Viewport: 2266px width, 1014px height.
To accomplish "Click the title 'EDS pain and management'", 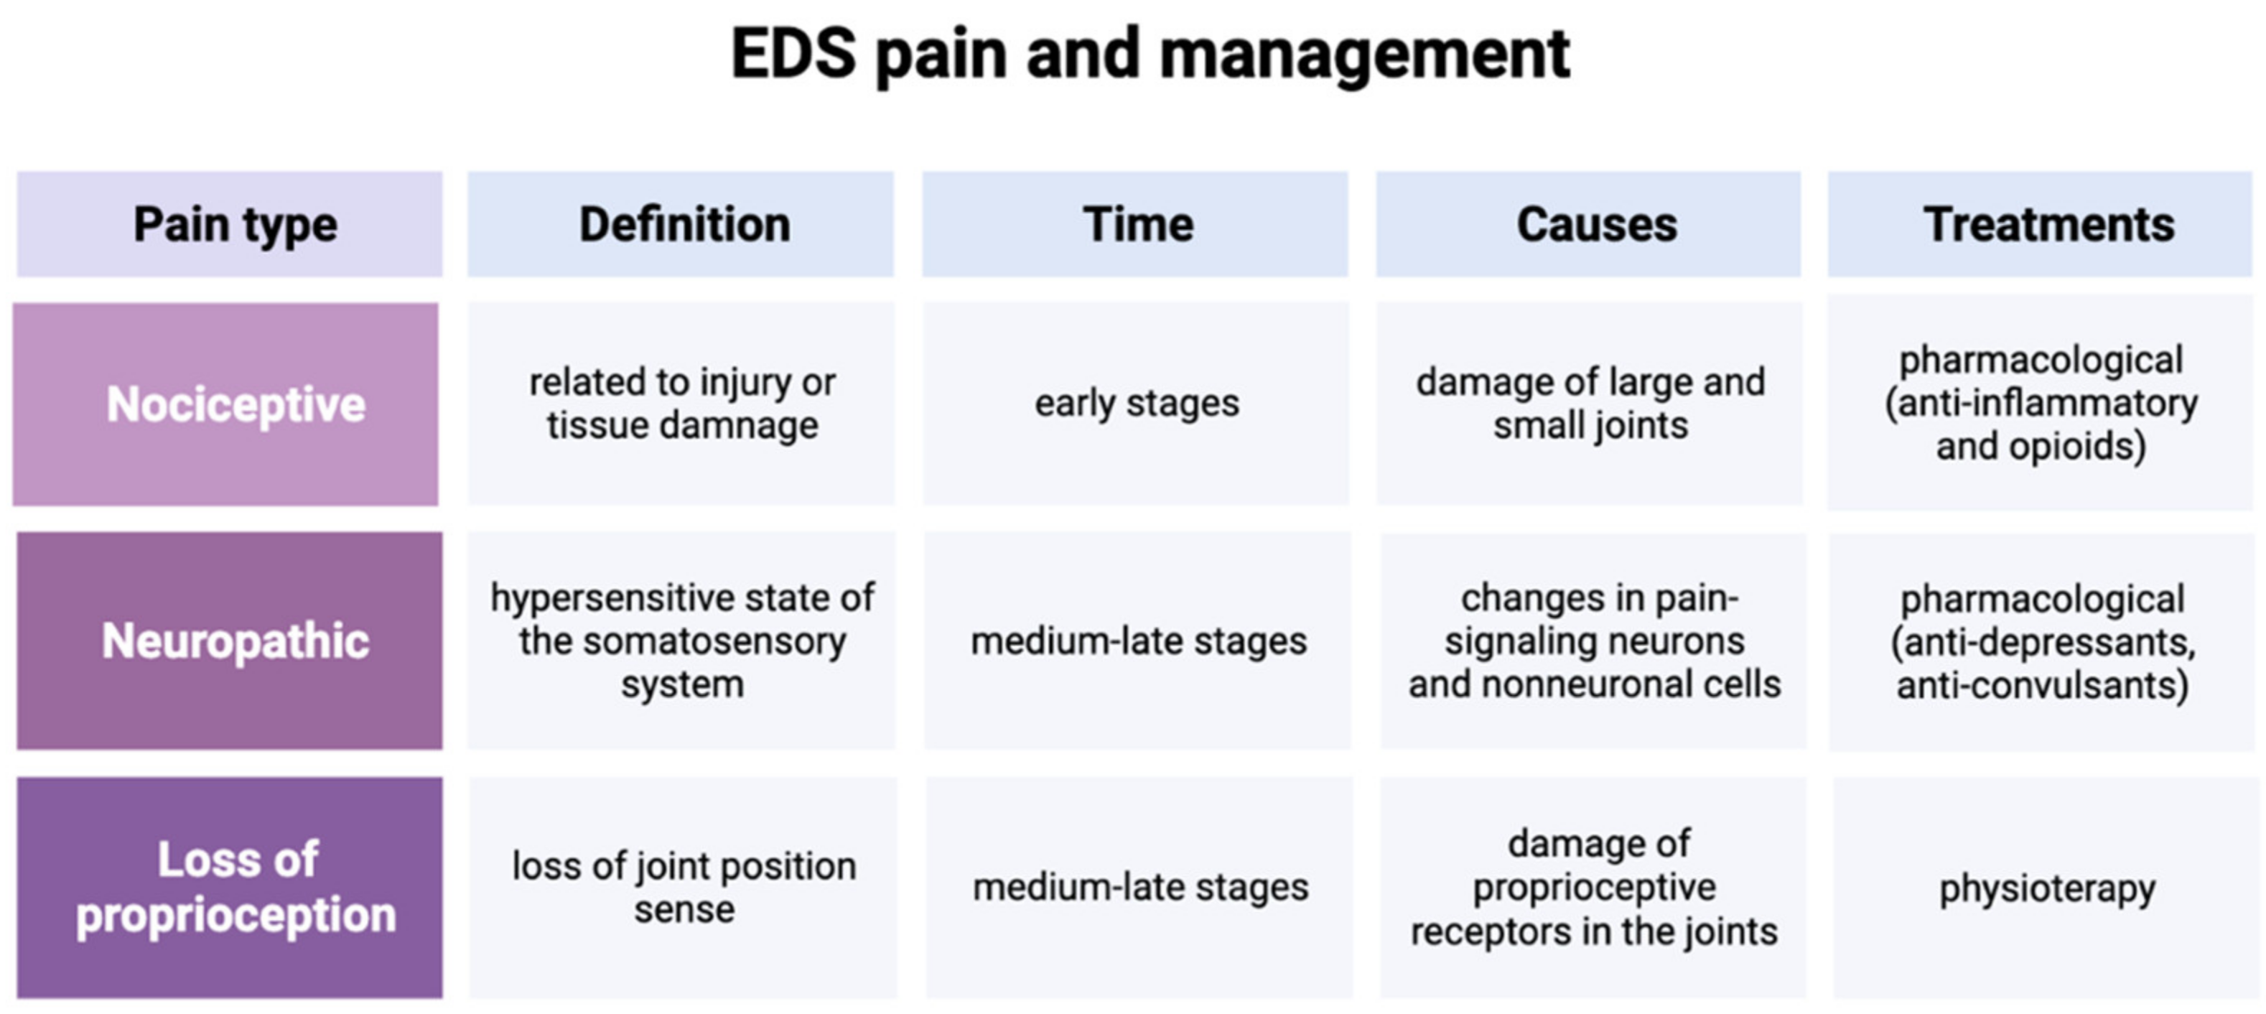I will point(1150,55).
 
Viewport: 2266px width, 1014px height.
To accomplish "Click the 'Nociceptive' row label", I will point(234,404).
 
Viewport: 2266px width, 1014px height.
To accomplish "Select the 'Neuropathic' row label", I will point(234,641).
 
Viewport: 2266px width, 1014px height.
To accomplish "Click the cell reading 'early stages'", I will point(1137,404).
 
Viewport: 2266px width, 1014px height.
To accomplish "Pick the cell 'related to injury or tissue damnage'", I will point(681,404).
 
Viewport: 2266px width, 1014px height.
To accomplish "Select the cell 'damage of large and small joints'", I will point(1590,404).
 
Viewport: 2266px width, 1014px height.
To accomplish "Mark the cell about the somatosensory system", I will point(681,641).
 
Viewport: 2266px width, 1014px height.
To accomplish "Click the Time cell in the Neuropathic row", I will point(1138,641).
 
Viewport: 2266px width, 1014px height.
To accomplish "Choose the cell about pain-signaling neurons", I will point(1594,641).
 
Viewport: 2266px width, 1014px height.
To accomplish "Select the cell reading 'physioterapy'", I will point(2047,888).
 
